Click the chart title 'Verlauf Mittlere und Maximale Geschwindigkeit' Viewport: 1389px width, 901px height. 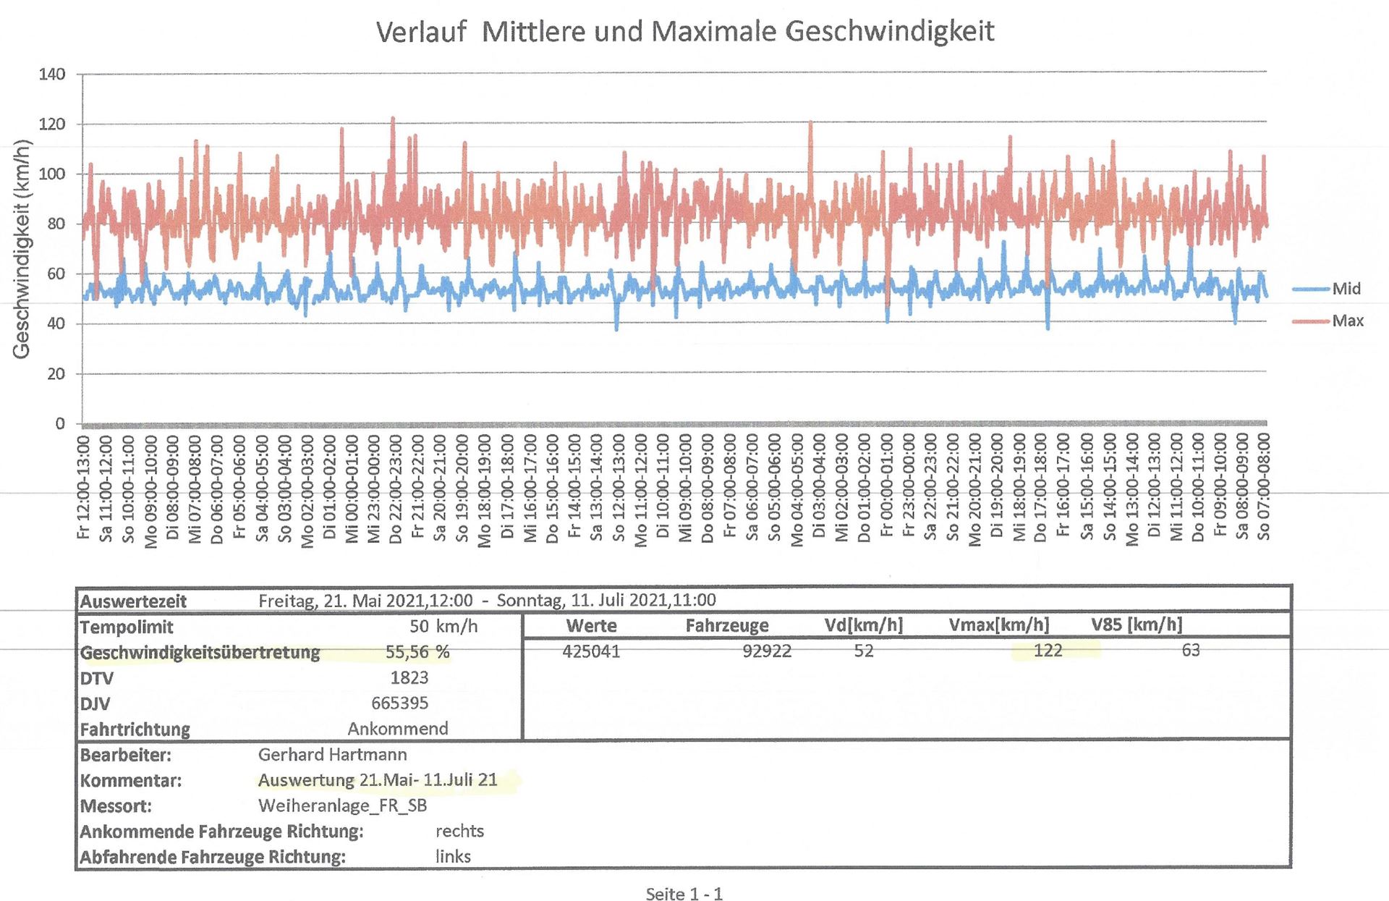[x=684, y=32]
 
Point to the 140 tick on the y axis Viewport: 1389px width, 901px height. [x=52, y=75]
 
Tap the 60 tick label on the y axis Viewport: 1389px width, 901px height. [x=56, y=274]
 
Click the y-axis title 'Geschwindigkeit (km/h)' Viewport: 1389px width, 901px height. [x=22, y=249]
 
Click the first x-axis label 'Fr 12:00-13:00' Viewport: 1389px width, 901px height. [x=84, y=486]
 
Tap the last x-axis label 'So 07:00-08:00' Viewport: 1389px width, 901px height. [x=1263, y=486]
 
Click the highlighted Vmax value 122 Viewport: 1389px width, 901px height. [x=1048, y=651]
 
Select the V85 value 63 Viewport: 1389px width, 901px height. [x=1190, y=651]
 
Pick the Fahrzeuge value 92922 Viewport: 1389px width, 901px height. [x=767, y=651]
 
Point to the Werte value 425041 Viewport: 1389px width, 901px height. [x=591, y=651]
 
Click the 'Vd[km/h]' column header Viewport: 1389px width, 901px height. [x=863, y=625]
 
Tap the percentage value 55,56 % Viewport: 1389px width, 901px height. [x=417, y=652]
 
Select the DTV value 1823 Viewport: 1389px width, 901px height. [x=409, y=677]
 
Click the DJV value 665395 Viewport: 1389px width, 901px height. [x=399, y=703]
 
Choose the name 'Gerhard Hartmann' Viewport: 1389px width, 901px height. [x=332, y=754]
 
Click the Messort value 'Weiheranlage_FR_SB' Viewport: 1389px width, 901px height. [x=342, y=805]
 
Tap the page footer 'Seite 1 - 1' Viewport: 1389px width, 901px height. [x=684, y=894]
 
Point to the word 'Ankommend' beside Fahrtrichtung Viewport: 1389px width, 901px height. [x=398, y=728]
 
